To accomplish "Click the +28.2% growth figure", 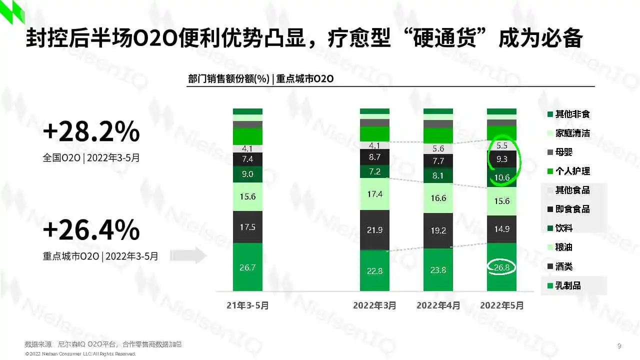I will (x=91, y=132).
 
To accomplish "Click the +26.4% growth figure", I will (x=91, y=230).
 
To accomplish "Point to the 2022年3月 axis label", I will (x=374, y=305).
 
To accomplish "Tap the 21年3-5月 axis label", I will (x=247, y=305).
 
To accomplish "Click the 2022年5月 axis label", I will (x=501, y=305).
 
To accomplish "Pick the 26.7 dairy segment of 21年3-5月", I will (x=247, y=267).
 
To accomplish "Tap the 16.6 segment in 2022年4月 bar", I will (x=438, y=198).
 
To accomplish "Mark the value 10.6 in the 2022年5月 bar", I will (x=501, y=177).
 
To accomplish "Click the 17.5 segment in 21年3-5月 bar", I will (x=247, y=227).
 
